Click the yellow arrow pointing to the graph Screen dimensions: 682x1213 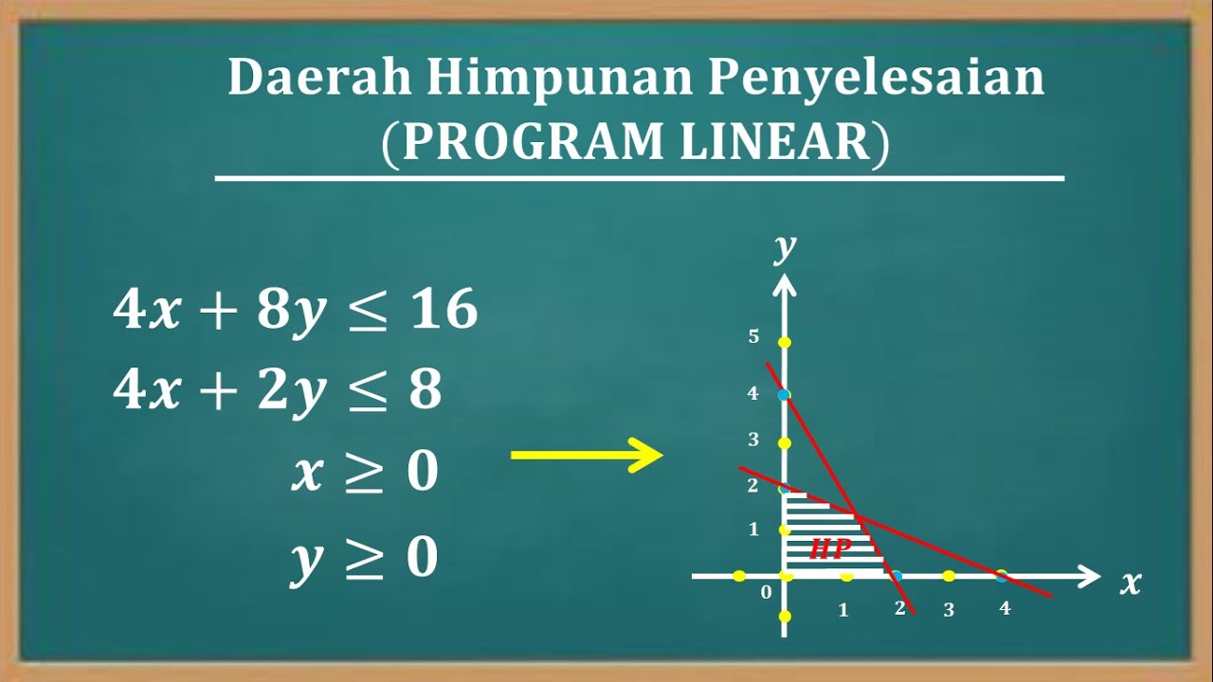click(587, 456)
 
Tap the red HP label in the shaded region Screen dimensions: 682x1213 click(829, 548)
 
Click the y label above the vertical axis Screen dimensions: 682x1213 click(785, 247)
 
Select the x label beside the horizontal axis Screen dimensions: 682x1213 click(1131, 582)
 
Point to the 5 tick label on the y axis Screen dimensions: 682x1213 click(753, 336)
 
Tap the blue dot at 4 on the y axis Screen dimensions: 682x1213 click(784, 395)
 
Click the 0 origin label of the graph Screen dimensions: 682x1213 click(767, 594)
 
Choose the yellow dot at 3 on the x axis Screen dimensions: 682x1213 click(949, 576)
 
